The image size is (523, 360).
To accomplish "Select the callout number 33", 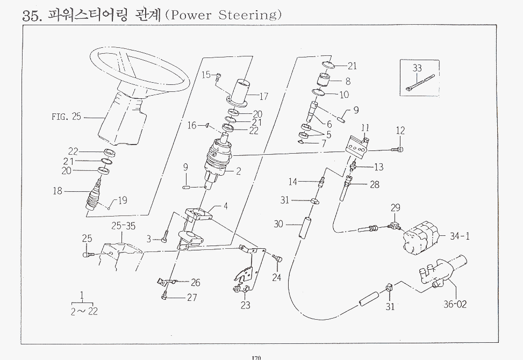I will (x=418, y=68).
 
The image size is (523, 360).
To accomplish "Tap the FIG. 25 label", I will (x=66, y=117).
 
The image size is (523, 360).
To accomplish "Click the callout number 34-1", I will (x=460, y=235).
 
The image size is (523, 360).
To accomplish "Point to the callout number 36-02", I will (x=455, y=305).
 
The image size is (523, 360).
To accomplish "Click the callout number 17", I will (x=264, y=97).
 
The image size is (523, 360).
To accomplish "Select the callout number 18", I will (x=58, y=191).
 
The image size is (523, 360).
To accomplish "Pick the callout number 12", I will (x=400, y=131).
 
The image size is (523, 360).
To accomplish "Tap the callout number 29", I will (x=396, y=208).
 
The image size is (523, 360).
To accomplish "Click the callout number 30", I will (x=278, y=224).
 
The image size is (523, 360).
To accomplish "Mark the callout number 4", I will (x=226, y=206).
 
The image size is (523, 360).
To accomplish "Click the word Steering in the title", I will (x=249, y=15).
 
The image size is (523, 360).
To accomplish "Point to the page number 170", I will (x=256, y=357).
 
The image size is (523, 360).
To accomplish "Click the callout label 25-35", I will (x=124, y=225).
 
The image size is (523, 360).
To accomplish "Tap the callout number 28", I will (x=374, y=185).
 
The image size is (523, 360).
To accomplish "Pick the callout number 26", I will (x=195, y=283).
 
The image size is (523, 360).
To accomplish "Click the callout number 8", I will (x=347, y=82).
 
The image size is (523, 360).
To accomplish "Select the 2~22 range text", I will (x=84, y=311).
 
